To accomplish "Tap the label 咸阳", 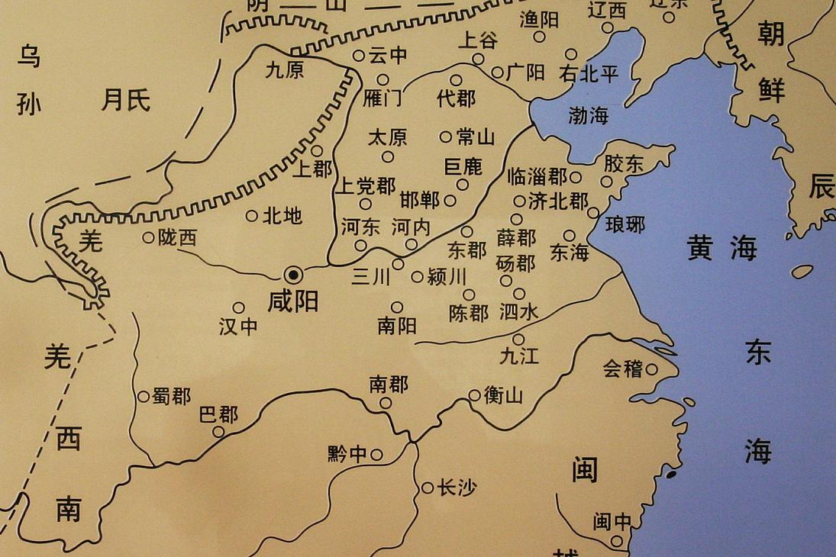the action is tap(293, 302).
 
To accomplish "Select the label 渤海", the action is tap(589, 116).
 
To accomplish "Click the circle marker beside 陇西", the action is tap(148, 237).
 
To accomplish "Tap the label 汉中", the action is tap(238, 327).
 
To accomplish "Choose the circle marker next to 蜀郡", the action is tap(143, 397).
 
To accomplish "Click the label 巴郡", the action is tap(218, 415).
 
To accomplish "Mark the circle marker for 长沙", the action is tap(428, 488).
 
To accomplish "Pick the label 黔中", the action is tap(347, 455).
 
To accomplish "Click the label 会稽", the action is tap(622, 369).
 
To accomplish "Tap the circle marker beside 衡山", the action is tap(474, 395).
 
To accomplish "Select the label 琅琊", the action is tap(625, 224).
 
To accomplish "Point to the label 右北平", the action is tap(589, 74).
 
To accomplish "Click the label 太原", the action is tap(388, 137).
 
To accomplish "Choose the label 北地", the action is tap(282, 216).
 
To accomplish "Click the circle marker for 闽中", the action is tap(616, 540).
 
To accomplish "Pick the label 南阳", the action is tap(397, 326).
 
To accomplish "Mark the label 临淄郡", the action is tap(537, 177).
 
